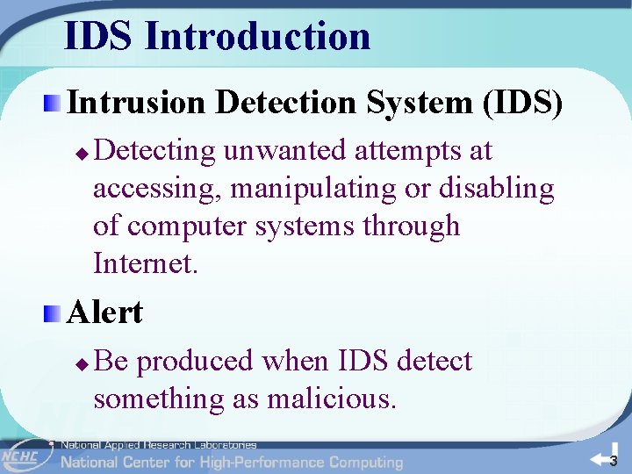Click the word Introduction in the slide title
[x=257, y=36]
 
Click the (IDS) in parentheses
[x=522, y=103]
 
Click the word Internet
[x=146, y=263]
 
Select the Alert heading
[x=104, y=312]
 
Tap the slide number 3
[x=614, y=461]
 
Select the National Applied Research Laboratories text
[x=158, y=445]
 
